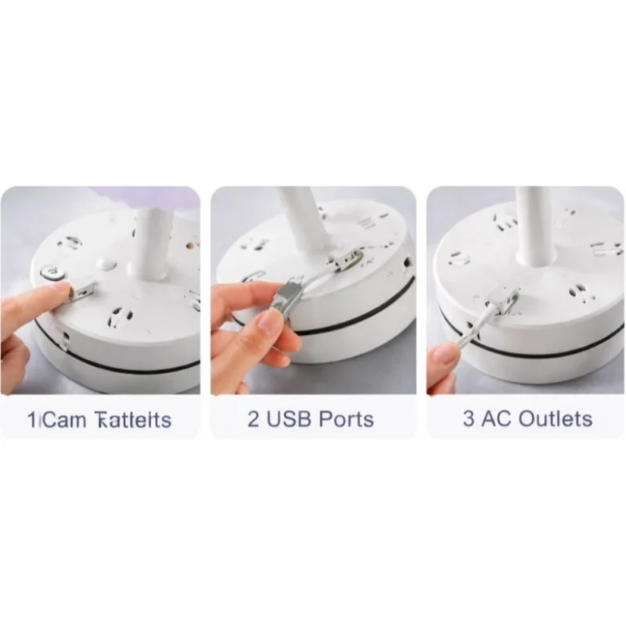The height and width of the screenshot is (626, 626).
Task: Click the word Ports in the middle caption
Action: (x=347, y=419)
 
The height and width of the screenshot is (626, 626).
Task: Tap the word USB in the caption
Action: (x=288, y=419)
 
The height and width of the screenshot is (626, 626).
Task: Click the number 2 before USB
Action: (x=253, y=419)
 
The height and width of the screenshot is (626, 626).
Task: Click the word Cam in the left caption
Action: (x=63, y=420)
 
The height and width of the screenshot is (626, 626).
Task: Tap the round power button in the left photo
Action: (x=52, y=273)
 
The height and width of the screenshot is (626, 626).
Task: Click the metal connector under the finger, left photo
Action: (x=81, y=292)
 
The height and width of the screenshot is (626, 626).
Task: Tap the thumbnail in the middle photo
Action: (x=268, y=322)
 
